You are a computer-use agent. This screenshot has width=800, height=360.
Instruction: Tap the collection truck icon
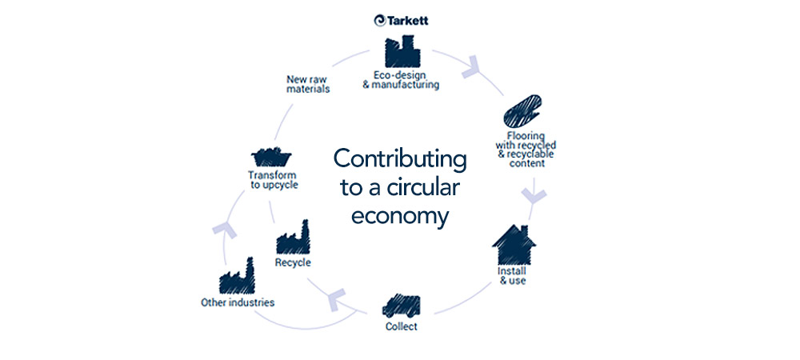click(x=402, y=306)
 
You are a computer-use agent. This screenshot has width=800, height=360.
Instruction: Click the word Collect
click(x=402, y=326)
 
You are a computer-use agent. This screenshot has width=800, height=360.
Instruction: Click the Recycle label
click(x=293, y=262)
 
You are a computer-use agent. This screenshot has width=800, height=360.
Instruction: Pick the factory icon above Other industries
click(x=237, y=277)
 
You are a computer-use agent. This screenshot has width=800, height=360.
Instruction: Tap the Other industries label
click(x=238, y=302)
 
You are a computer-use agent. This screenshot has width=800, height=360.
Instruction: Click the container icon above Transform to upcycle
click(x=271, y=157)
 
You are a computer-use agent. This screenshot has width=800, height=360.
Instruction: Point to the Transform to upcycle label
click(x=272, y=180)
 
